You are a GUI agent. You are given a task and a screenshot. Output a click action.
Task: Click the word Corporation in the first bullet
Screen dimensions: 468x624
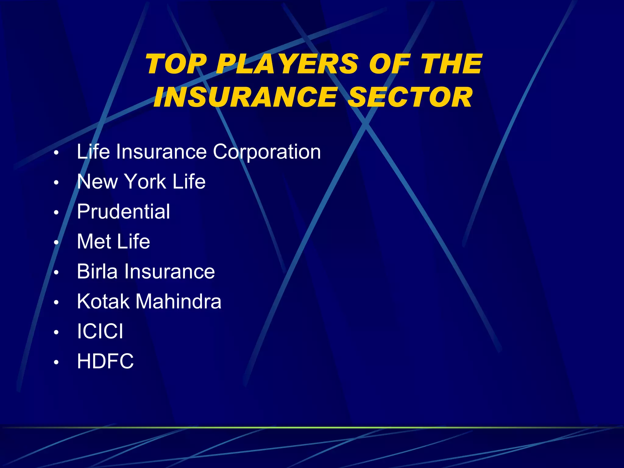267,152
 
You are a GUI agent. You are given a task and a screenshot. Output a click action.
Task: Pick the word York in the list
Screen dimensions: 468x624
145,182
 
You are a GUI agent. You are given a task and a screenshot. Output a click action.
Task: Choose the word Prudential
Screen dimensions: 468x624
123,211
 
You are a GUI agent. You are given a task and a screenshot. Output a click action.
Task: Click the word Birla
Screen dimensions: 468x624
97,271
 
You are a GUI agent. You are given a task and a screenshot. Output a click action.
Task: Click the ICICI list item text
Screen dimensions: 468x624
100,331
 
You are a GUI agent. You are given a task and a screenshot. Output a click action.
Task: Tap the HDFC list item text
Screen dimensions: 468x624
105,361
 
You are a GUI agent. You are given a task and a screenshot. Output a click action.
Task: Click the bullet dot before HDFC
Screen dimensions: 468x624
56,362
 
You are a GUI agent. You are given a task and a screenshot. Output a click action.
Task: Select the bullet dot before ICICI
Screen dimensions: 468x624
56,332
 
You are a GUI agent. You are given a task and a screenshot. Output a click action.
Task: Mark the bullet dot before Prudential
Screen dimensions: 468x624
56,213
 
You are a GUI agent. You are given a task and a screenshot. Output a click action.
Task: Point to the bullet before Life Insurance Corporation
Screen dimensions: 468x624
56,153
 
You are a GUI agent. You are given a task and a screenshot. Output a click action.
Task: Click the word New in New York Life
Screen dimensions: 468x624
97,182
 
